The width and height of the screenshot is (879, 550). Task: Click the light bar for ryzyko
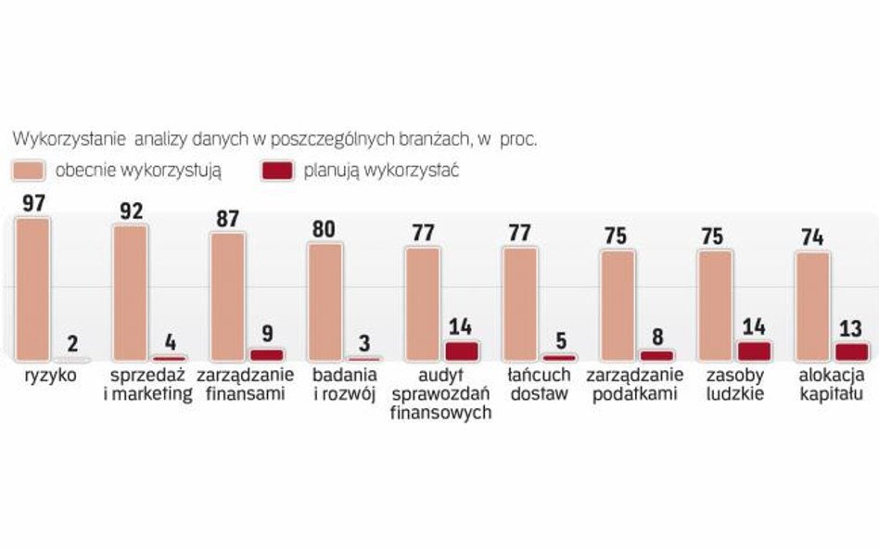(x=33, y=288)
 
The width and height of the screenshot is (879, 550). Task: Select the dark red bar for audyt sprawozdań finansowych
(x=462, y=350)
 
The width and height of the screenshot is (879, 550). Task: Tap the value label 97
(x=33, y=203)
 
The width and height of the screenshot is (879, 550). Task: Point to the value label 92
(x=131, y=211)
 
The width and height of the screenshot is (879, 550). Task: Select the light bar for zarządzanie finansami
(x=228, y=296)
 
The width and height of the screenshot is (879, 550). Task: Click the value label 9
(x=267, y=331)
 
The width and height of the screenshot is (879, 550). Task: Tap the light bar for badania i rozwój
(x=325, y=301)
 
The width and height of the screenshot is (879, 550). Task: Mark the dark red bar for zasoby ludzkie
(x=755, y=350)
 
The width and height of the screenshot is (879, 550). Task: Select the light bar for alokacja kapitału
(x=812, y=305)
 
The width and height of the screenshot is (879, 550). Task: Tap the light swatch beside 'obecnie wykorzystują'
(x=30, y=171)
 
